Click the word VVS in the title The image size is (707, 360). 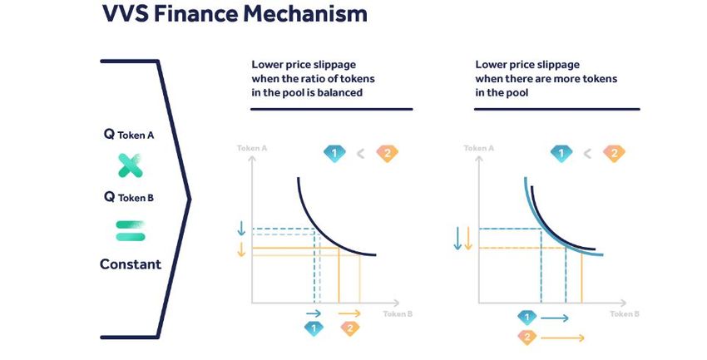[x=125, y=13]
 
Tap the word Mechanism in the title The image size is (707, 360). [x=305, y=13]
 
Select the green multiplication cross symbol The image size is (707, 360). [x=131, y=165]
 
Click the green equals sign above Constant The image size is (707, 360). [x=131, y=230]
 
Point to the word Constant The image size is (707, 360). [x=131, y=264]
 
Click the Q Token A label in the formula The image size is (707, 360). [x=129, y=134]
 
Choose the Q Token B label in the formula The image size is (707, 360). [x=129, y=197]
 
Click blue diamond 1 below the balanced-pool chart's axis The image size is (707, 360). [x=314, y=328]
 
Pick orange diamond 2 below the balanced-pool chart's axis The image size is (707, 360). [x=350, y=328]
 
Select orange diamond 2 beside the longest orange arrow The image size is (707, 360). [x=527, y=337]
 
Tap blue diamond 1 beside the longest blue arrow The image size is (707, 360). [x=527, y=318]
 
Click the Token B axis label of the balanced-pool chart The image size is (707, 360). [x=398, y=313]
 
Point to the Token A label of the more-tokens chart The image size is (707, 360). [x=479, y=148]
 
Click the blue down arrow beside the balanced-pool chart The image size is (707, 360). [x=241, y=228]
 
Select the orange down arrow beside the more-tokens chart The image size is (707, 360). [x=468, y=239]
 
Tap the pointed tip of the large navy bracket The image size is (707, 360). [x=190, y=200]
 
